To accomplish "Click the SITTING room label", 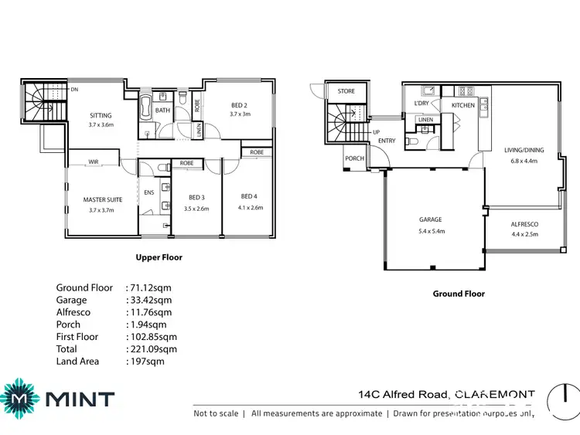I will coord(101,115).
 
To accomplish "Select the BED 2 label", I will coord(239,105).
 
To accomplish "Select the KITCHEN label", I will coord(463,105).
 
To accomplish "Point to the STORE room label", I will coord(346,91).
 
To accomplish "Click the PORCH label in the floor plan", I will coord(354,158).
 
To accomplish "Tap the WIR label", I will coord(93,161).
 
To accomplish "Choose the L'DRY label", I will coord(421,104).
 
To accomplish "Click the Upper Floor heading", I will coord(159,257).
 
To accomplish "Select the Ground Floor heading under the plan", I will coord(459,294).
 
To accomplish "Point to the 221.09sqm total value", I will coord(151,349).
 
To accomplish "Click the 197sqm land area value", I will coord(145,362).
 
